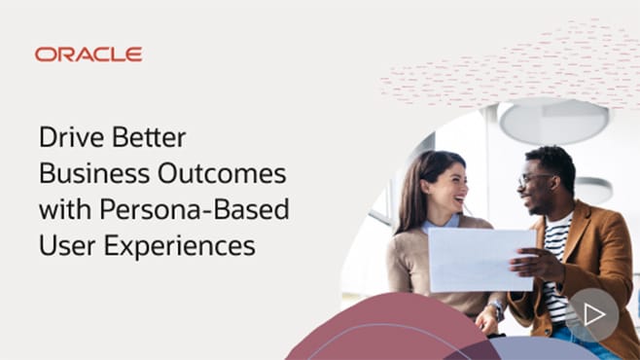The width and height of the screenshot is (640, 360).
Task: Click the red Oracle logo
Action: pyautogui.click(x=89, y=54)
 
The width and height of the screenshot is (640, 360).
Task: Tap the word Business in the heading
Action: pyautogui.click(x=84, y=173)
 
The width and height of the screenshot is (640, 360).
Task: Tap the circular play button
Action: pyautogui.click(x=593, y=313)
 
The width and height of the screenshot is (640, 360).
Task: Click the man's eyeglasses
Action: pyautogui.click(x=535, y=180)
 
